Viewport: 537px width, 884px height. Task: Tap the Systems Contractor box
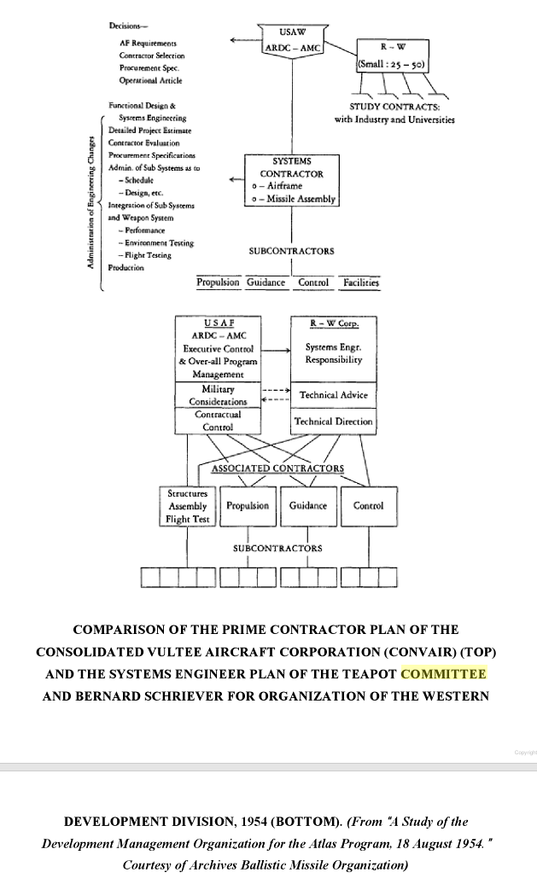pyautogui.click(x=292, y=180)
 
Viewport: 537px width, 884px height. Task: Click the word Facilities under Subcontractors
pyautogui.click(x=361, y=282)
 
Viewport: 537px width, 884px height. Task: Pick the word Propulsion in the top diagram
pyautogui.click(x=218, y=282)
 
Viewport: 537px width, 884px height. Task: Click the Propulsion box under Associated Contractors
pyautogui.click(x=248, y=506)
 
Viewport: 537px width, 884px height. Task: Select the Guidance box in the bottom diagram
pyautogui.click(x=308, y=506)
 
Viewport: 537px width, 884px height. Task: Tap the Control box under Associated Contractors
pyautogui.click(x=368, y=506)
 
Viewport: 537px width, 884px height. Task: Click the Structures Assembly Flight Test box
pyautogui.click(x=189, y=506)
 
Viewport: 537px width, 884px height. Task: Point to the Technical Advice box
pyautogui.click(x=334, y=395)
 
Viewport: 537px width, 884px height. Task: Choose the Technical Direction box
pyautogui.click(x=333, y=422)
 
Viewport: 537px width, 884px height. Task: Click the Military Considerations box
pyautogui.click(x=218, y=395)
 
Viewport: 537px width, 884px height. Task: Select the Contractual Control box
pyautogui.click(x=218, y=420)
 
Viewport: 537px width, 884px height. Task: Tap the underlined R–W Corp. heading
pyautogui.click(x=334, y=323)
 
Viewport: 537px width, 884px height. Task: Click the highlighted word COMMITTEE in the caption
pyautogui.click(x=443, y=674)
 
